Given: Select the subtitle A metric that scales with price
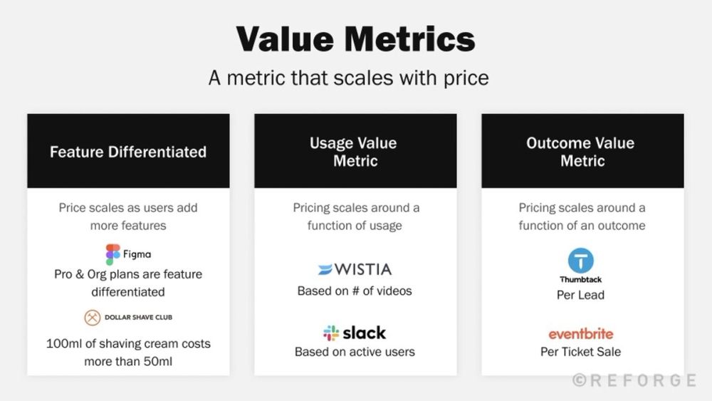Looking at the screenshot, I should pyautogui.click(x=348, y=77).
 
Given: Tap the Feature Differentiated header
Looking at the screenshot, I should pyautogui.click(x=128, y=152).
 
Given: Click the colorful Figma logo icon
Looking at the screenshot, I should pyautogui.click(x=112, y=254).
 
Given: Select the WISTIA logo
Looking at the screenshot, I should pyautogui.click(x=355, y=270).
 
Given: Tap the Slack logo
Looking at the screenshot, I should pyautogui.click(x=355, y=333).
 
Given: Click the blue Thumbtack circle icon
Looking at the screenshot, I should pyautogui.click(x=580, y=261).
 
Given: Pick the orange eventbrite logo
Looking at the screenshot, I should pyautogui.click(x=580, y=333).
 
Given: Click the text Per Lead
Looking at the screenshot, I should pyautogui.click(x=580, y=295).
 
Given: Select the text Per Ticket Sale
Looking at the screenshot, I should pyautogui.click(x=580, y=352).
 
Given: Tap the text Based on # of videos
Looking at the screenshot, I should pyautogui.click(x=355, y=291).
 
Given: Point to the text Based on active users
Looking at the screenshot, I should pyautogui.click(x=355, y=352).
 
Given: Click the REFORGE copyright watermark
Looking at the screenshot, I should pyautogui.click(x=634, y=380).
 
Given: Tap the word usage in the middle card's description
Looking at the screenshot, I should pyautogui.click(x=384, y=226).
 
